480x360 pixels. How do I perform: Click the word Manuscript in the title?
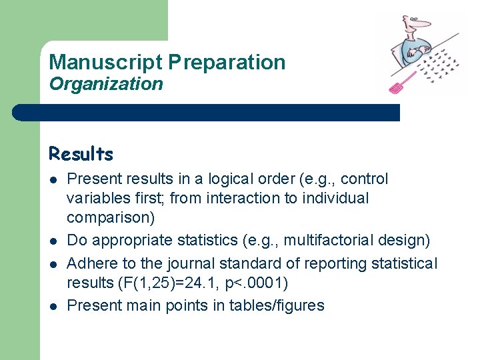click(105, 62)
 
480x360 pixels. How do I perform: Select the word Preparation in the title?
click(227, 62)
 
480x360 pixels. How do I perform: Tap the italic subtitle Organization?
click(106, 84)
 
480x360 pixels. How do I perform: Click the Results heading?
click(81, 154)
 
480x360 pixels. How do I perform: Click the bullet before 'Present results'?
click(52, 179)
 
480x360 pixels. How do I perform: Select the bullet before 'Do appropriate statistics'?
click(52, 240)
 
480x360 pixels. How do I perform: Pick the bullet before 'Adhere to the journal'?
click(52, 264)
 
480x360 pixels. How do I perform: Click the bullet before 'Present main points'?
click(52, 306)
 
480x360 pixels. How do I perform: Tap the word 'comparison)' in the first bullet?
click(110, 217)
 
